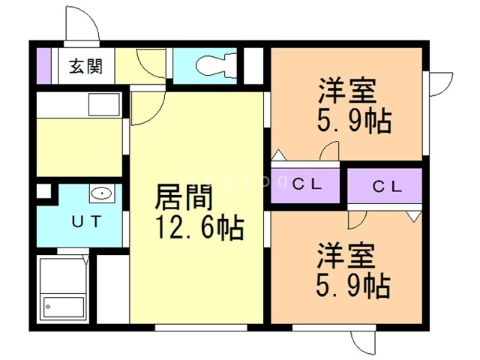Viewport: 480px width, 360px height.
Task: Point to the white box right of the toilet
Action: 254,65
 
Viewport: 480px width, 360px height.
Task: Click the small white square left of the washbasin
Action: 43,190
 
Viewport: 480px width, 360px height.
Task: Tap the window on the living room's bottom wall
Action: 201,328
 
